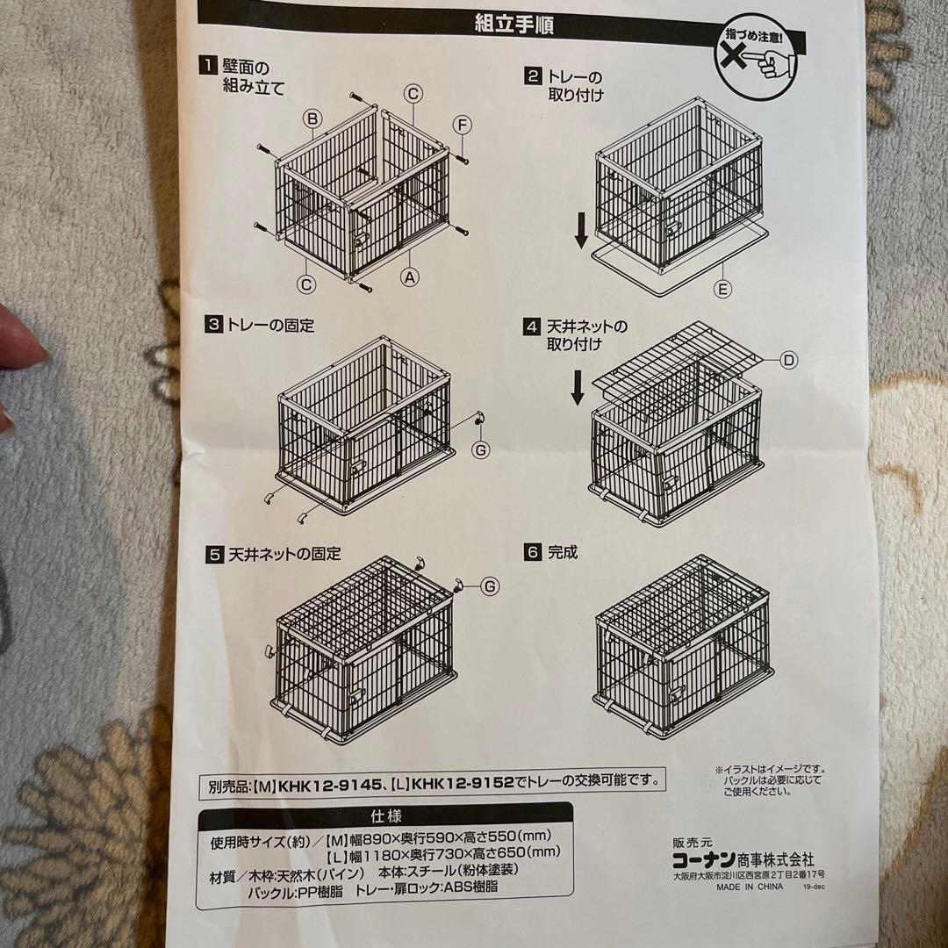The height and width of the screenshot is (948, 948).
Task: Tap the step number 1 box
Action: (207, 64)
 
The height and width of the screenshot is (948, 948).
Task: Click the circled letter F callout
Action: (463, 124)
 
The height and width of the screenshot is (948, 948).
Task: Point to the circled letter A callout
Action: (409, 276)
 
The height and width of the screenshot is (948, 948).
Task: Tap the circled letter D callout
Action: (789, 359)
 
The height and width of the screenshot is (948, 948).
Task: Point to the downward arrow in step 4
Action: (577, 386)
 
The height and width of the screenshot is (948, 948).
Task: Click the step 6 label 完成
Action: (564, 553)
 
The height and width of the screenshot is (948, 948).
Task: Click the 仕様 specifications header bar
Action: (386, 815)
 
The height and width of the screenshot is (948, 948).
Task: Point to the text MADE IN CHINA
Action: (749, 887)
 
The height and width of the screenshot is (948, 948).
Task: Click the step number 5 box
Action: (214, 555)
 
